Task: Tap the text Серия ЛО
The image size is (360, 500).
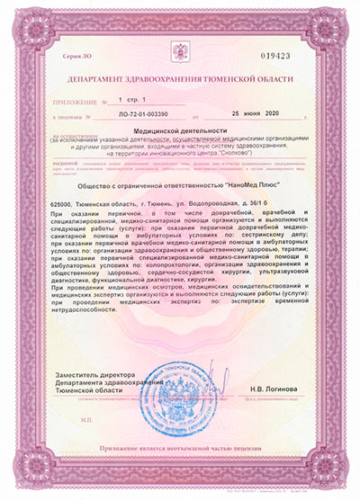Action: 76,56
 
